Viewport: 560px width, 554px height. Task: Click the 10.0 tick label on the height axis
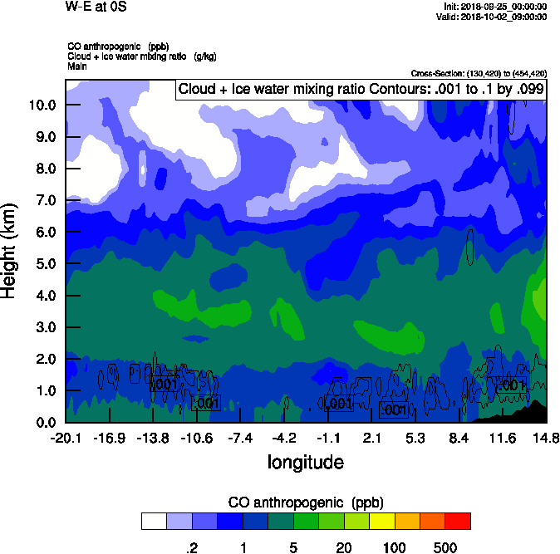coord(42,105)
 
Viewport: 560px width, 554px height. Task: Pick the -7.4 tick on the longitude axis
coord(240,439)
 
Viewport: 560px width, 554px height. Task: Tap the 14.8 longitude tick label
coord(546,439)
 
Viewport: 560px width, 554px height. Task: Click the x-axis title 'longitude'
coord(305,461)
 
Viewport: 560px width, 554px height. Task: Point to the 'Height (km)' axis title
coord(11,251)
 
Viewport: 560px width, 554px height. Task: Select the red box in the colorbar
coord(458,521)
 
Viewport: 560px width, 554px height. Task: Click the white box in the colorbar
coord(154,521)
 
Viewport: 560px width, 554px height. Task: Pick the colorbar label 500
coord(445,547)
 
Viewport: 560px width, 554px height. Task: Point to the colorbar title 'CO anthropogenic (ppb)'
coord(306,503)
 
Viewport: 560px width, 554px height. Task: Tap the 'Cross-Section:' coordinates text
coord(479,73)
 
